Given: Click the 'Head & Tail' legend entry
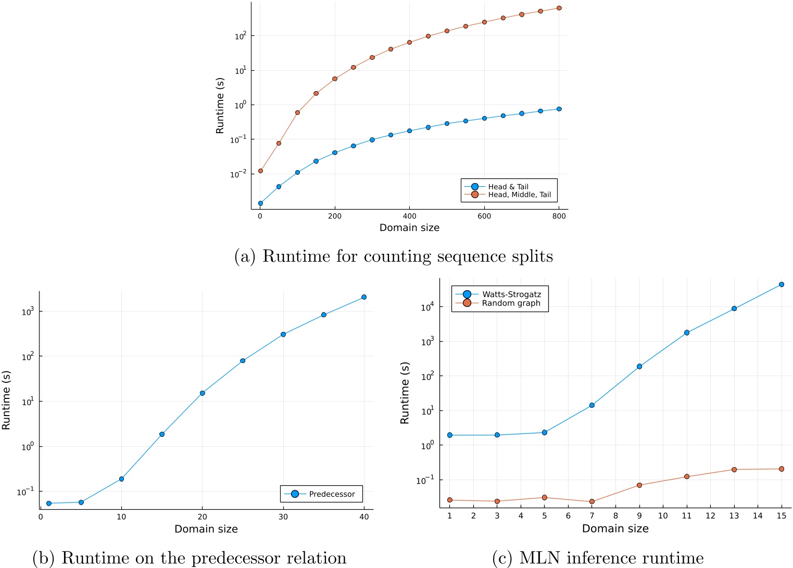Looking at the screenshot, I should [x=508, y=187].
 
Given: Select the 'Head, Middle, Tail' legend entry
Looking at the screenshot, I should [x=519, y=195].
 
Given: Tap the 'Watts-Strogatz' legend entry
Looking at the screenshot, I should [x=511, y=294].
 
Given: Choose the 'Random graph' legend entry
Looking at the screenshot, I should [x=511, y=303].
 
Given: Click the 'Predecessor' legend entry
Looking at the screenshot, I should [x=332, y=494].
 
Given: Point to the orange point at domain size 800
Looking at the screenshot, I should [x=559, y=8].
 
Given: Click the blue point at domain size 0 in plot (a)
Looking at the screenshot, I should [x=260, y=203].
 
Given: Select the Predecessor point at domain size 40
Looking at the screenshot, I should [x=364, y=297].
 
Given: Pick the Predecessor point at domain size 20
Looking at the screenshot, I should [x=203, y=393].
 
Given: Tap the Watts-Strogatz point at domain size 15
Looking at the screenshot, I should [x=782, y=285].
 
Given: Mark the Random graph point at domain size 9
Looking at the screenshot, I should [x=639, y=485].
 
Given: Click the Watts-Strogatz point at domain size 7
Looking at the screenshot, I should [x=592, y=405].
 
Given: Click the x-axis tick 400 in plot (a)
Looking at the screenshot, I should [x=410, y=216].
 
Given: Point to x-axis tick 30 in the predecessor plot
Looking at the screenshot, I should [x=283, y=517].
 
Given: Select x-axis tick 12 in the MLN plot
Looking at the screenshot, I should [x=710, y=515].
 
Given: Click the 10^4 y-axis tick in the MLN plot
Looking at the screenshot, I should [x=427, y=307].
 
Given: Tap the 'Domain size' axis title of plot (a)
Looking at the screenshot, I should [x=409, y=228].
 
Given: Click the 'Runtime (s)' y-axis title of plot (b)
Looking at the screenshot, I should [x=6, y=400].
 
